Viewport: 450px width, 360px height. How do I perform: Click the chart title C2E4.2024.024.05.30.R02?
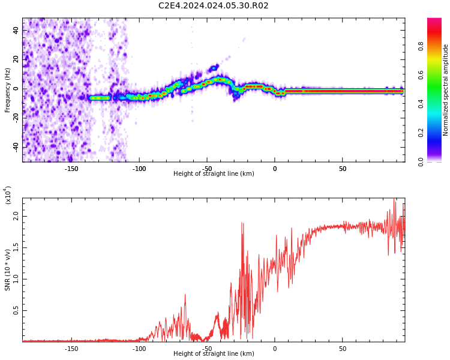click(x=213, y=5)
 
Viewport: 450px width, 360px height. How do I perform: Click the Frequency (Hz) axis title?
click(x=7, y=90)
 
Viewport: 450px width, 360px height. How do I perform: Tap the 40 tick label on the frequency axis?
click(x=16, y=31)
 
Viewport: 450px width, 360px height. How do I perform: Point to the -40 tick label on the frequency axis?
click(x=16, y=147)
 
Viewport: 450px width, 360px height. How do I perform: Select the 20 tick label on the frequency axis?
click(x=16, y=59)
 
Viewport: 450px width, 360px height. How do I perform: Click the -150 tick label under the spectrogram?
click(x=71, y=169)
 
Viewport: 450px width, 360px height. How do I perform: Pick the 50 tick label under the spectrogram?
click(x=343, y=169)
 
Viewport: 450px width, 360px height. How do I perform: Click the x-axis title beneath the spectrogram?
click(x=214, y=173)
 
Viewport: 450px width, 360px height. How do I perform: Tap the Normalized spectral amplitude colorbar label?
click(x=445, y=90)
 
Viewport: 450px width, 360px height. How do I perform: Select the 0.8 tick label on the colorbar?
click(x=421, y=46)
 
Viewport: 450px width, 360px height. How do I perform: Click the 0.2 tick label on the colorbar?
click(x=421, y=133)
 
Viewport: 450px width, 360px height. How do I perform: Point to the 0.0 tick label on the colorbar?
click(x=421, y=162)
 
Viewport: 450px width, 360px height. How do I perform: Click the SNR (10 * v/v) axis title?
click(x=7, y=270)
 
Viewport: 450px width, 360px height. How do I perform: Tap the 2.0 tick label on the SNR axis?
click(x=16, y=217)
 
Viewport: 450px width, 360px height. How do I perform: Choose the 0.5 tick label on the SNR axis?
click(x=16, y=311)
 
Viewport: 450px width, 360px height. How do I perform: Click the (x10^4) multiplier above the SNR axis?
click(x=8, y=195)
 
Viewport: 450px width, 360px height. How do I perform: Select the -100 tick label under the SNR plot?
click(x=139, y=349)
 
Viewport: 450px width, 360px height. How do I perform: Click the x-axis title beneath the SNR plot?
click(x=214, y=353)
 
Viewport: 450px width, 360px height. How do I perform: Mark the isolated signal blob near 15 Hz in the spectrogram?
click(x=214, y=68)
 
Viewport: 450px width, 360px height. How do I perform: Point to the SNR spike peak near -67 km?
click(x=185, y=295)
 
